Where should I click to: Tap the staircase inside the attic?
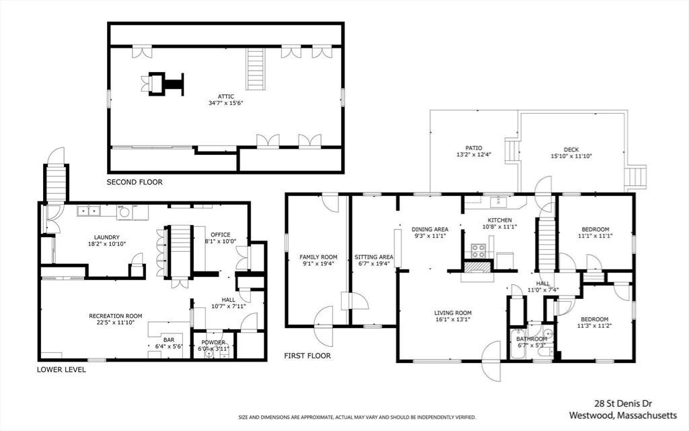pos(255,69)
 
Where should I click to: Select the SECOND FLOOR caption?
pos(135,182)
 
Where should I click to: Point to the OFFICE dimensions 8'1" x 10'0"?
pos(220,241)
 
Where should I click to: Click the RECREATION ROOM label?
pos(116,316)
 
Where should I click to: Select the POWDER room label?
pos(213,342)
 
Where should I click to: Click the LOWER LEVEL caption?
pos(61,369)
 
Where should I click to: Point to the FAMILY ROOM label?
pos(318,257)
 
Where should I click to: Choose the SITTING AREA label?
pos(374,257)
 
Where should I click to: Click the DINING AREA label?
pos(430,229)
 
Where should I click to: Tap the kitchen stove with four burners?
pos(478,251)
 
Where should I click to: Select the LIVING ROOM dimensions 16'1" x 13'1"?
pos(452,320)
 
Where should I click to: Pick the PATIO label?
pos(474,148)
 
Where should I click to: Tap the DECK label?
pos(571,149)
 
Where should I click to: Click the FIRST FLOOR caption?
pos(307,356)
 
